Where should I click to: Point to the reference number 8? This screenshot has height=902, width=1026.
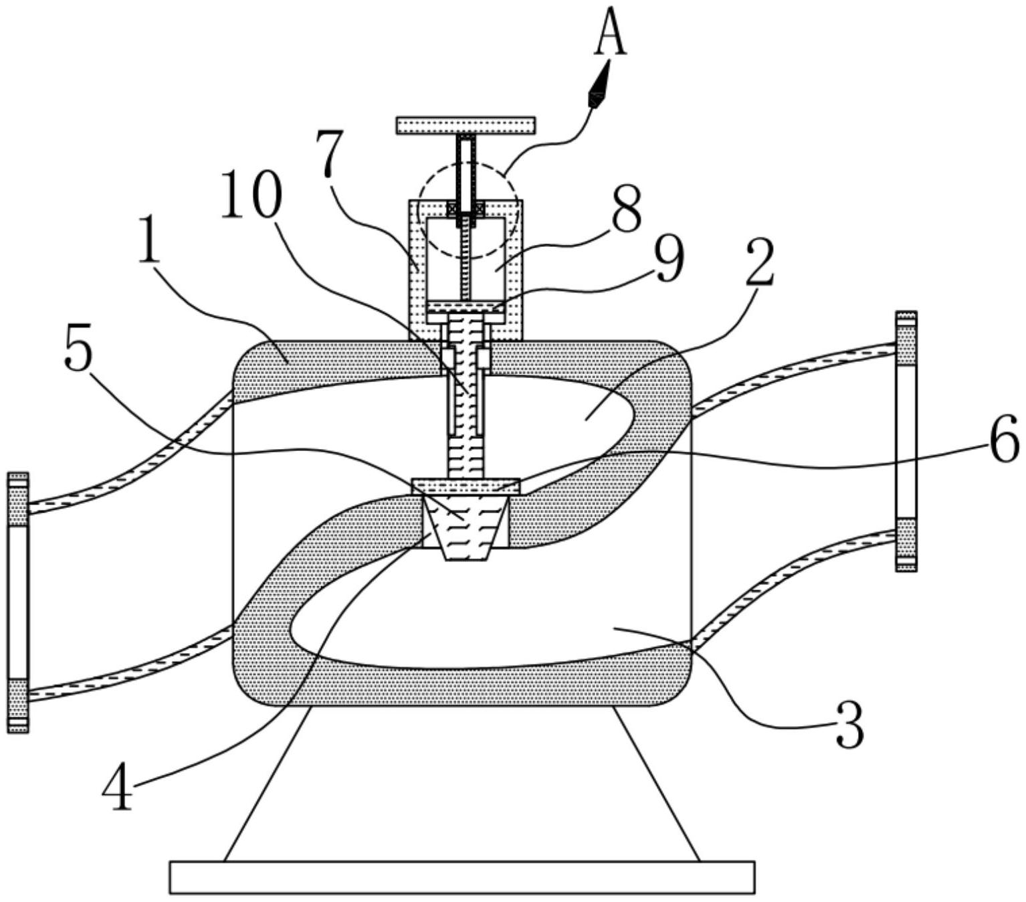627,208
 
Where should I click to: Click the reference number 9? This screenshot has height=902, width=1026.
668,262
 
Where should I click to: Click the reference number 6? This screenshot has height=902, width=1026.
1004,438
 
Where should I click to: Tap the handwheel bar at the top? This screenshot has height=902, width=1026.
466,125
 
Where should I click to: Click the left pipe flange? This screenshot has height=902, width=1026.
18,602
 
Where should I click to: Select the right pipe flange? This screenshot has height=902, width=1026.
906,442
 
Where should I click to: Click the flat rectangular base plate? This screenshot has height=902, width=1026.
462,877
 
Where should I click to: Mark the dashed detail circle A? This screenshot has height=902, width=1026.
468,212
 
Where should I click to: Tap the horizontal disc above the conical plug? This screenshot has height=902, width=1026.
466,486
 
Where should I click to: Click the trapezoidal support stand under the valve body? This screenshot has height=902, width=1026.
462,783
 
